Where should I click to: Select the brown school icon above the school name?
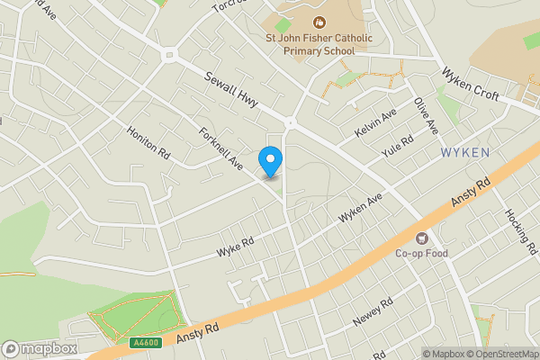[317, 22]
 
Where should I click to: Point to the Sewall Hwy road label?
[231, 90]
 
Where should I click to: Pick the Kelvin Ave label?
[375, 123]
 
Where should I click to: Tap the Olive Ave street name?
[425, 115]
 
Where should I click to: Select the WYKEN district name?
[465, 153]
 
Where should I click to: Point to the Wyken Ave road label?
[360, 208]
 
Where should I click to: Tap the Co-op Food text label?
[421, 254]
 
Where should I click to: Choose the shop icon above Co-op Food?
[421, 238]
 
